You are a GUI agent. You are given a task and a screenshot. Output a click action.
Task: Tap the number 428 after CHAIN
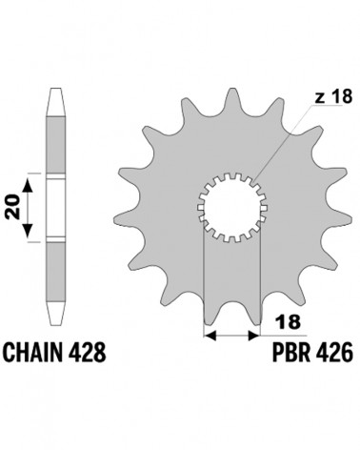click(88, 352)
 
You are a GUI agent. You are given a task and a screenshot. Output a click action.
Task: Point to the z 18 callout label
click(333, 96)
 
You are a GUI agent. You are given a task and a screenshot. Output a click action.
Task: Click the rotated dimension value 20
click(12, 208)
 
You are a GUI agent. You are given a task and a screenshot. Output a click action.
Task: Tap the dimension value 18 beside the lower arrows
click(289, 322)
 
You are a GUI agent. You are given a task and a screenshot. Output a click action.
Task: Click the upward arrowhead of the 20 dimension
click(29, 185)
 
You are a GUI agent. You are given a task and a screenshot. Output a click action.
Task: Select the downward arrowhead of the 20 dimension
click(29, 231)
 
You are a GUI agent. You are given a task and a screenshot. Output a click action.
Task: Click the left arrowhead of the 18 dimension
click(210, 335)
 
